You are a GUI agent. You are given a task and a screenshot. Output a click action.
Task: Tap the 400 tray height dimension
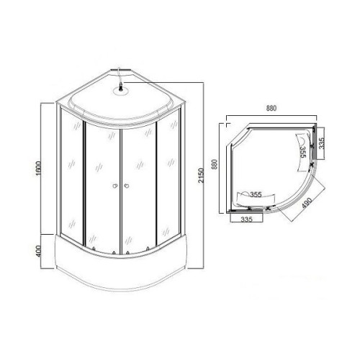click(39, 251)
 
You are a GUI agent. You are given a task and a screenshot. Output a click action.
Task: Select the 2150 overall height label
click(201, 176)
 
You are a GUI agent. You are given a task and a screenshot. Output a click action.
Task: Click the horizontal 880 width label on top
click(271, 109)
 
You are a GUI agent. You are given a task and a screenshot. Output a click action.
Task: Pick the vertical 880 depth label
click(215, 164)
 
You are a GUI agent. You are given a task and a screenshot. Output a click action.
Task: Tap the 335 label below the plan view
click(247, 219)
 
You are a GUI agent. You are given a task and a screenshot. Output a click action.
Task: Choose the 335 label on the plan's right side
click(321, 143)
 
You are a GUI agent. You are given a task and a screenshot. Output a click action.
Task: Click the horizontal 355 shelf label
click(256, 194)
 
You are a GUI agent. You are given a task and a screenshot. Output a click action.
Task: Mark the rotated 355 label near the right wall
click(302, 152)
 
